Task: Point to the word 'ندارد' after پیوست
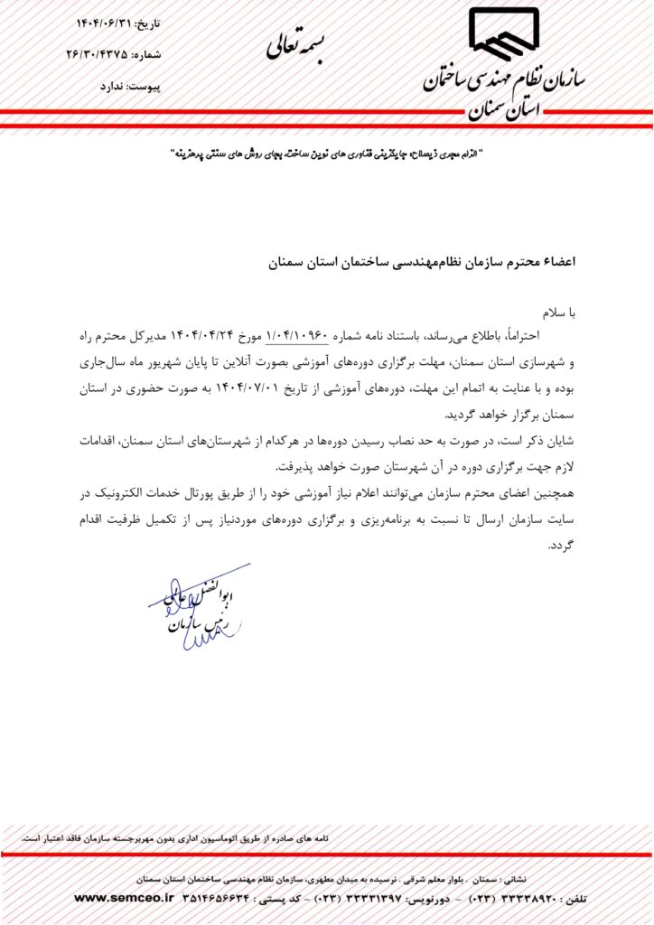[106, 88]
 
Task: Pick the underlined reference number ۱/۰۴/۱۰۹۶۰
[297, 336]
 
